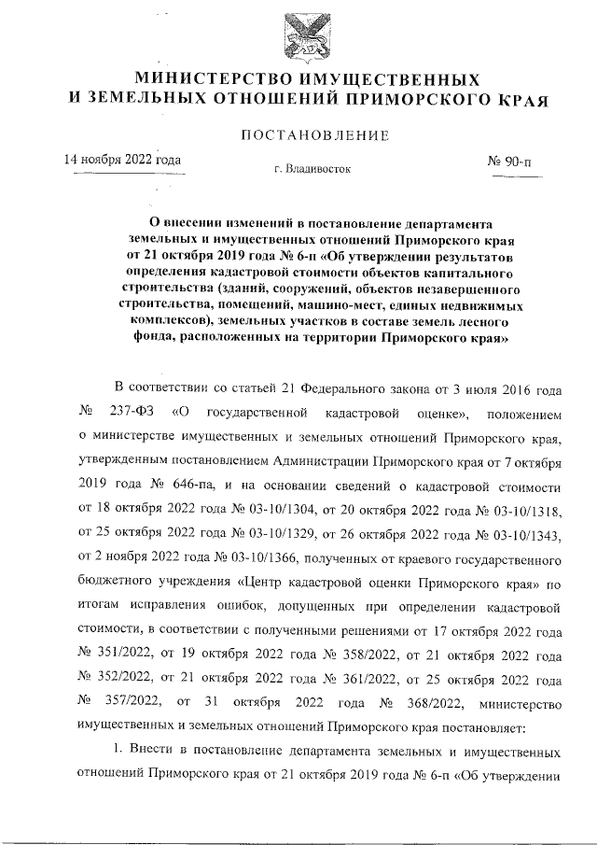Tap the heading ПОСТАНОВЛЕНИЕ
(x=314, y=136)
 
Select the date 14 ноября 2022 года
(x=121, y=160)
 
